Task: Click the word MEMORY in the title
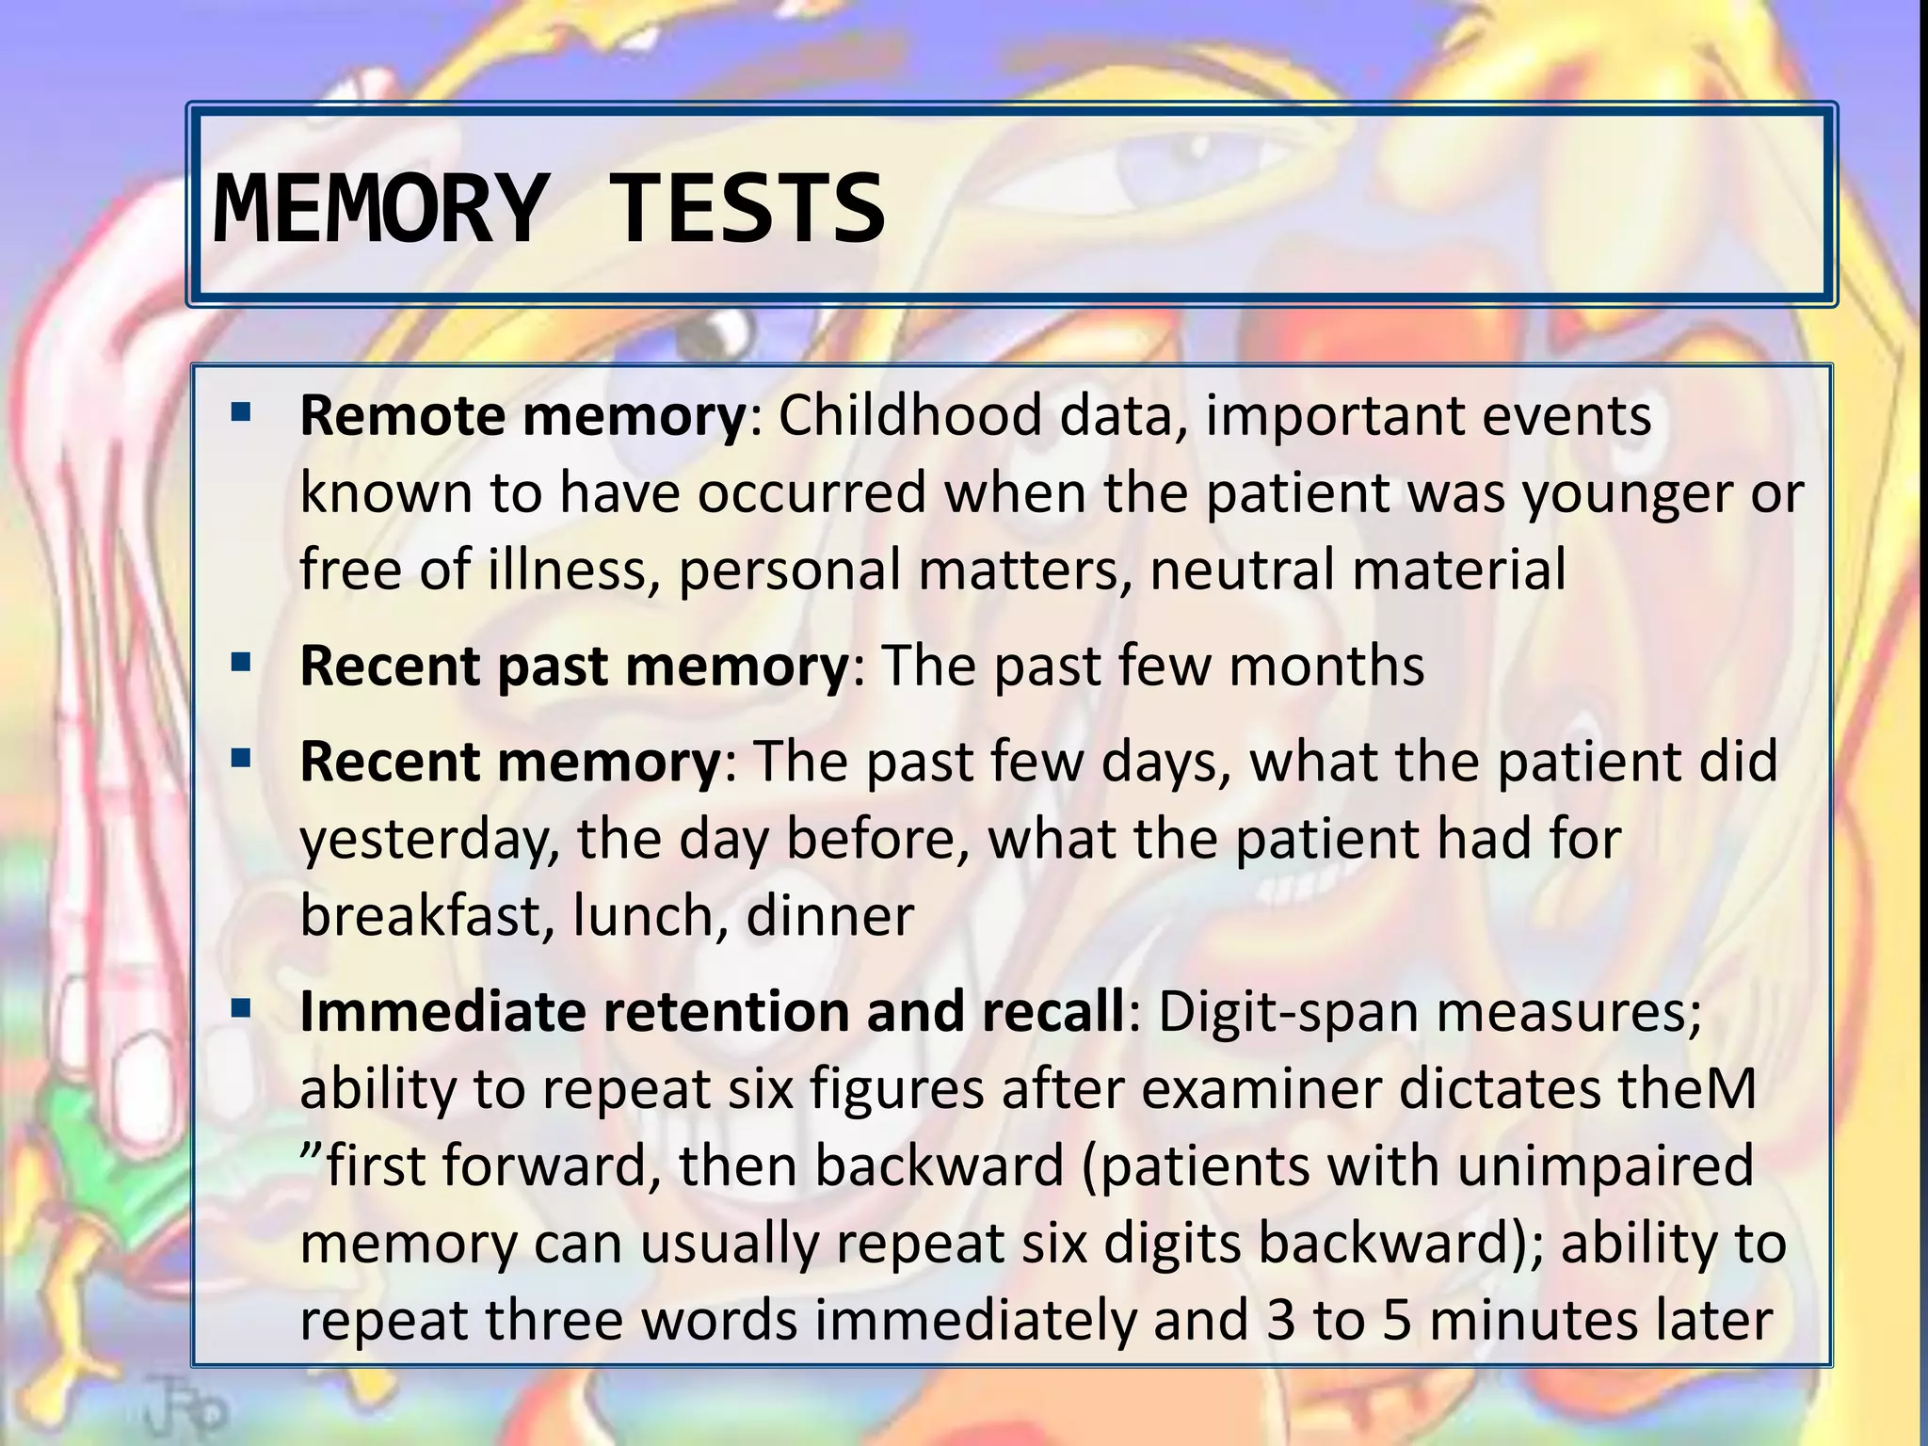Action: tap(378, 208)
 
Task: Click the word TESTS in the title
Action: tap(748, 208)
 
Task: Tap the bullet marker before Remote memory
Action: tap(241, 412)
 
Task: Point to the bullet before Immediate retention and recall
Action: tap(241, 1009)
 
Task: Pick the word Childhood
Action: tap(909, 415)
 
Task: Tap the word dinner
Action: tap(829, 915)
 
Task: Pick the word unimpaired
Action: tap(1607, 1167)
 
